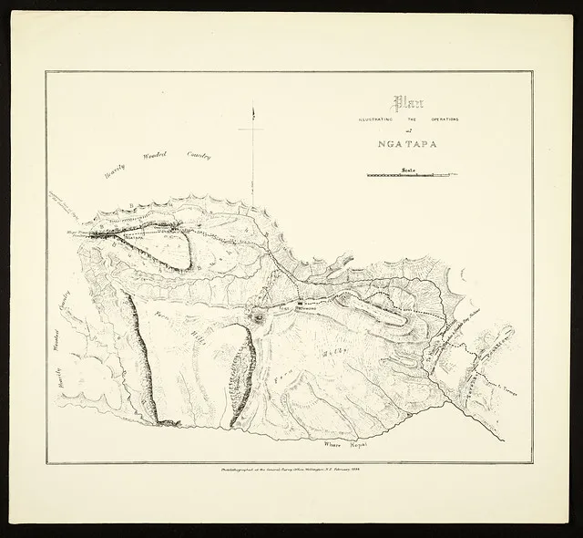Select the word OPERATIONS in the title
441,119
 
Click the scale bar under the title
410,174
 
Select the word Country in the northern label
198,156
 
